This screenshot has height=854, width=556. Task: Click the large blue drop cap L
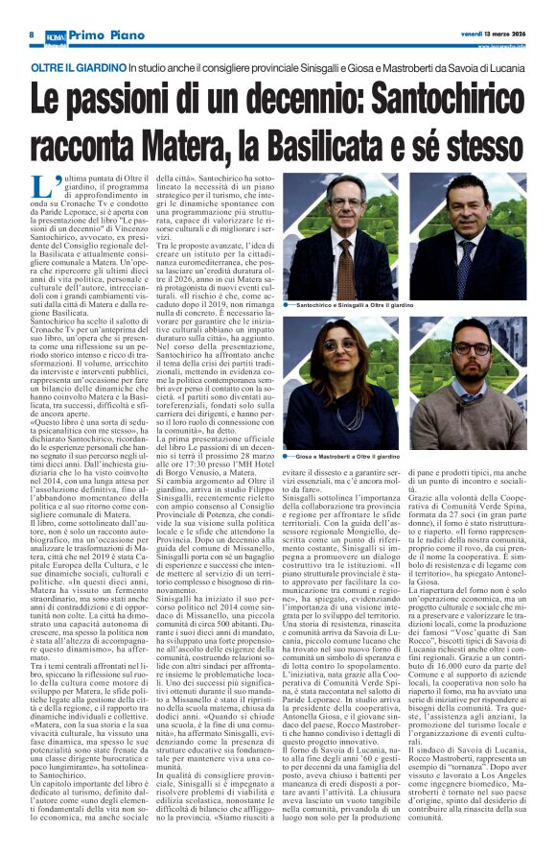[39, 187]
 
